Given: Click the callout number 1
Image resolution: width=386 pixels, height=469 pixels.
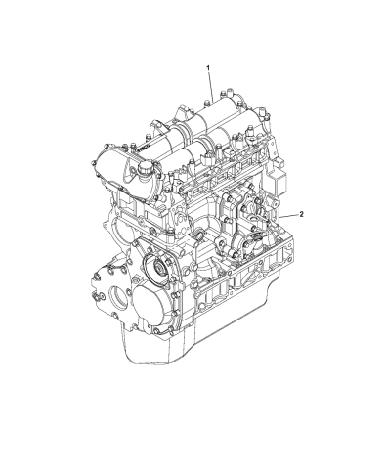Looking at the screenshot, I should [x=208, y=66].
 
